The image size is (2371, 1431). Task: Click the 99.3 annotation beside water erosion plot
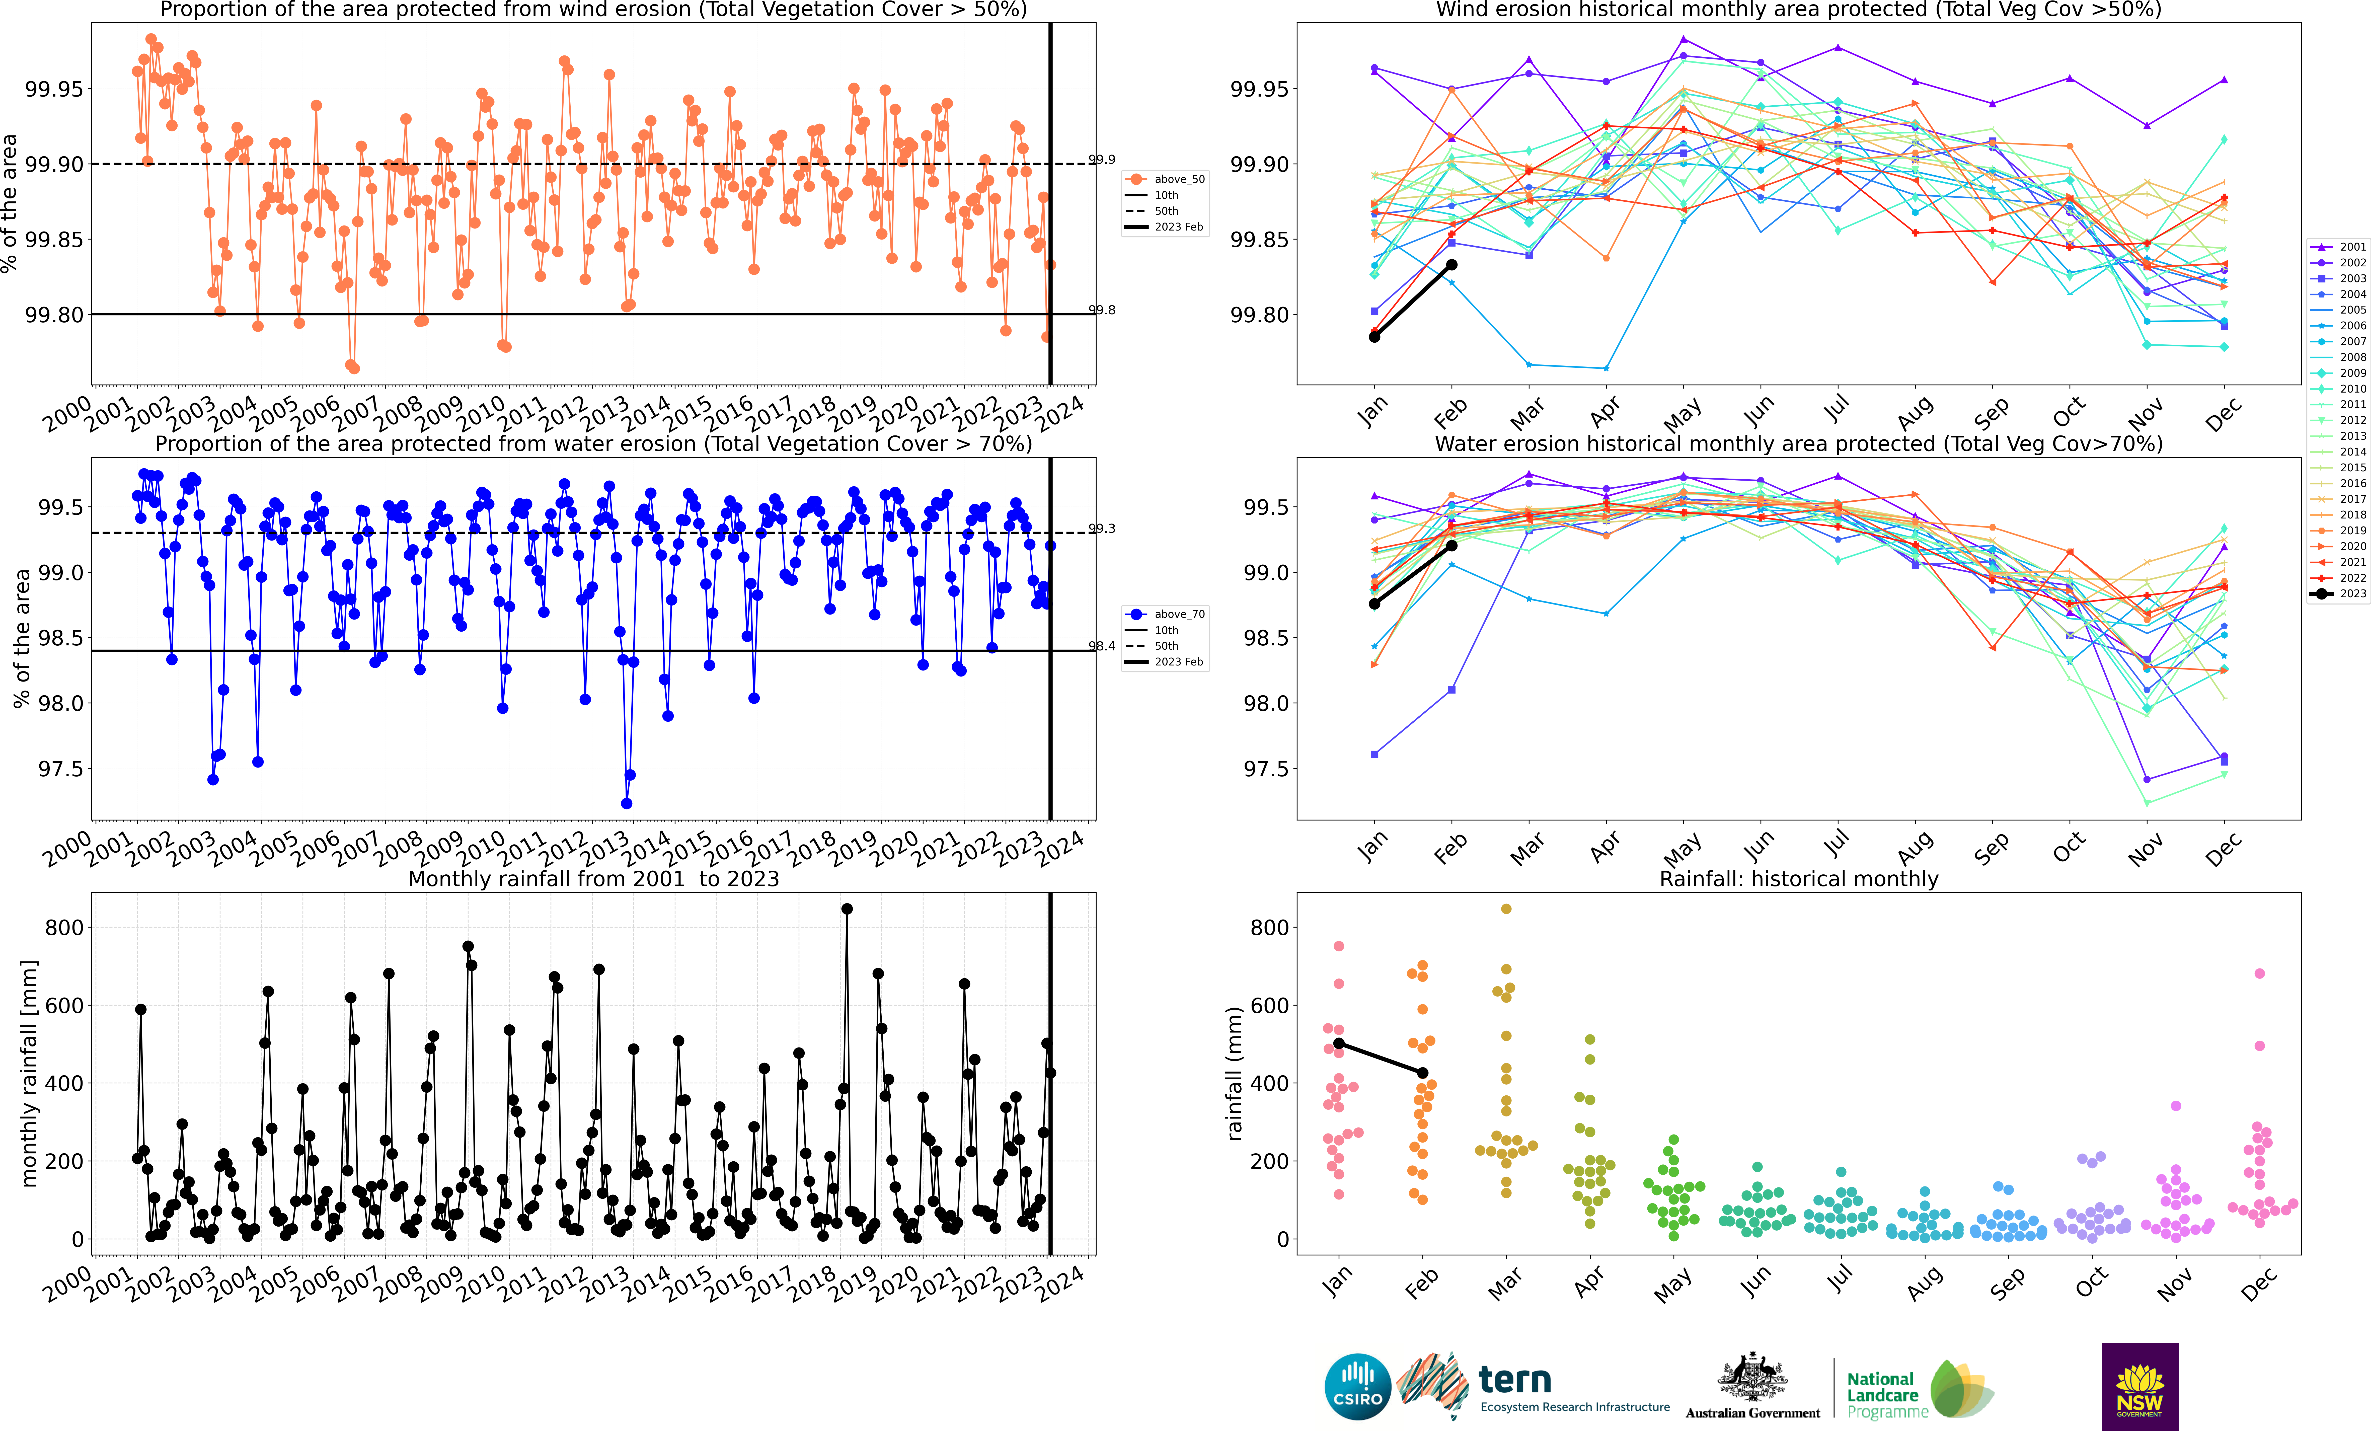[1102, 528]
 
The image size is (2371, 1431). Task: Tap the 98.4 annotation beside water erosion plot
[1102, 646]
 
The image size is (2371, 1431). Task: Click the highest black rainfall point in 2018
[847, 909]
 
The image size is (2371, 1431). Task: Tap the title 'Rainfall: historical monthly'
[1798, 879]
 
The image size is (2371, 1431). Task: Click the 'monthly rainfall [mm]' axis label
[29, 1073]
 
